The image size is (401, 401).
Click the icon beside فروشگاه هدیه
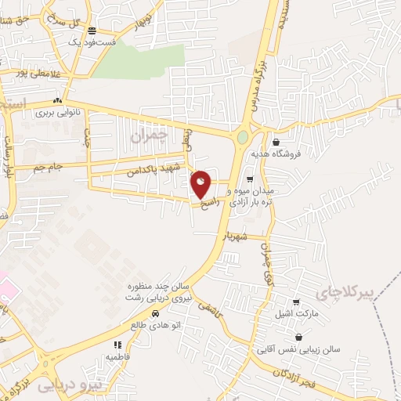[x=276, y=142]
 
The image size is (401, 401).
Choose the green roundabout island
[x=243, y=138]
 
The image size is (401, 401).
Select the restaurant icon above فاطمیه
[x=117, y=345]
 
